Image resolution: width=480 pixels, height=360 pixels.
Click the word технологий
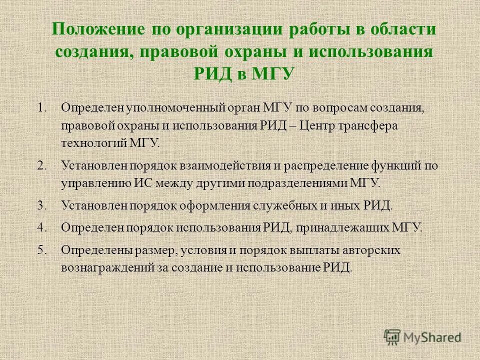[91, 143]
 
